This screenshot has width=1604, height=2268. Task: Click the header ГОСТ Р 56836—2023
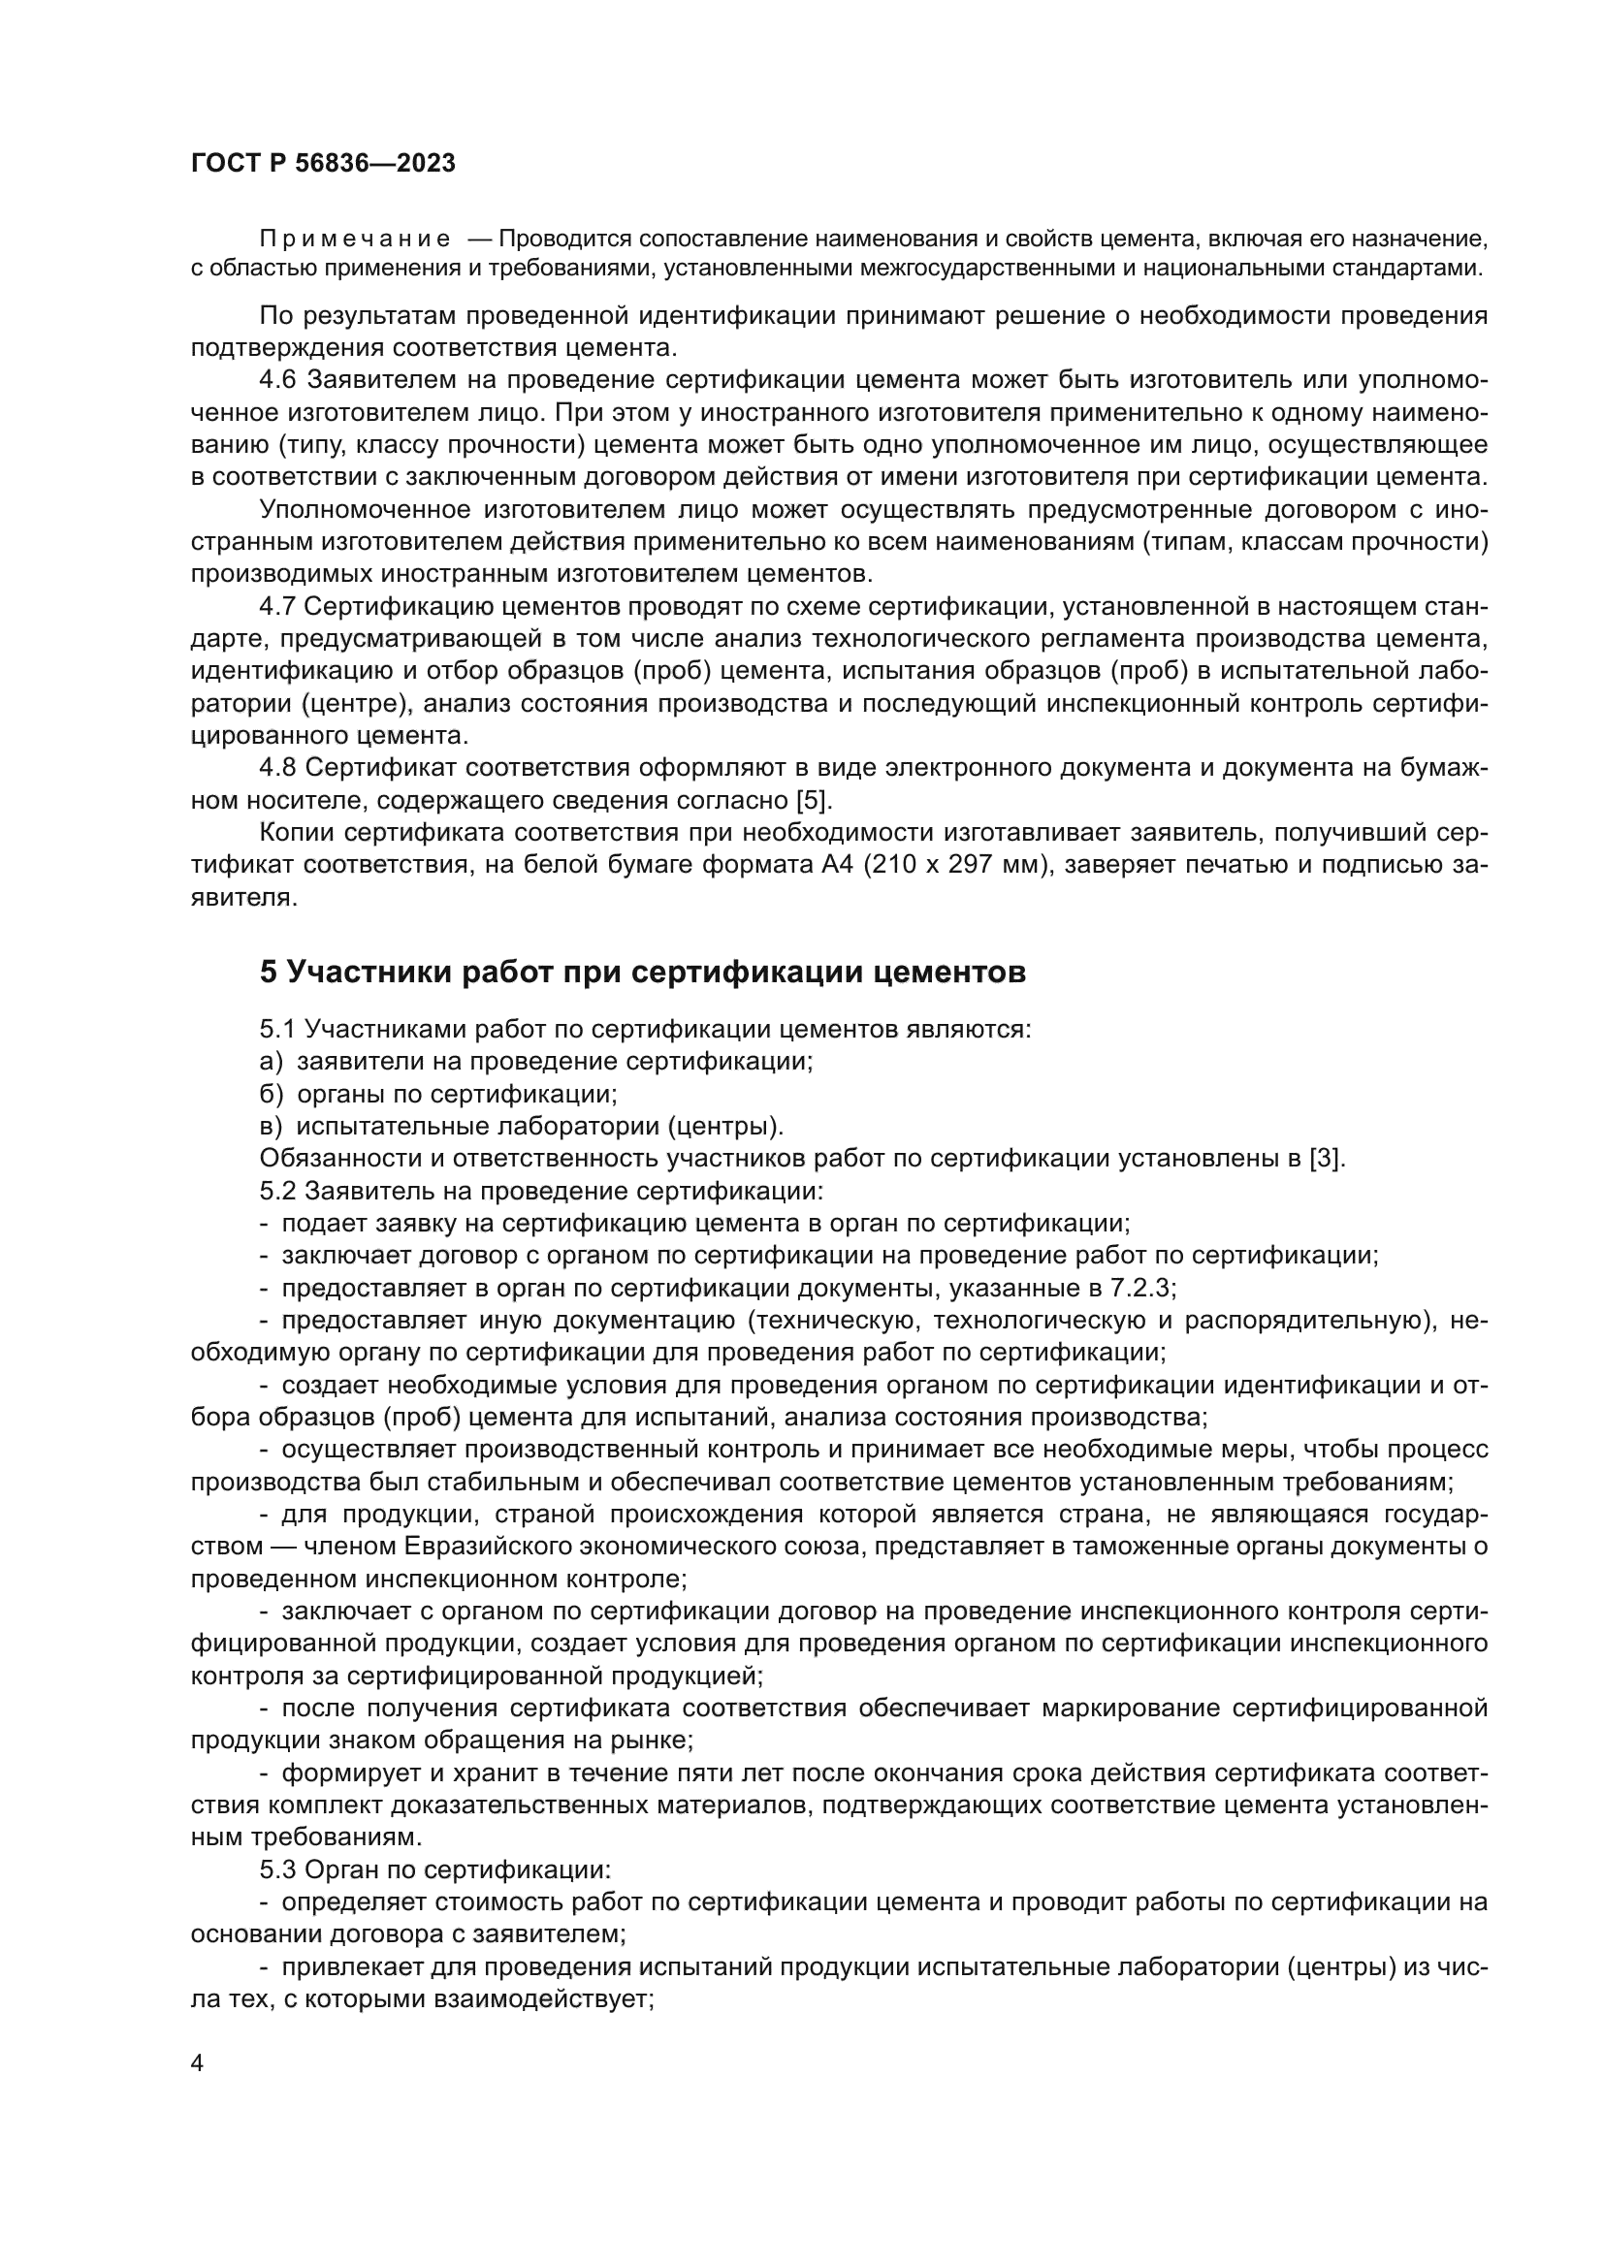323,164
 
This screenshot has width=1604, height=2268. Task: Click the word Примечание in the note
355,240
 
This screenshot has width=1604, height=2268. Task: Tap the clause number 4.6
277,380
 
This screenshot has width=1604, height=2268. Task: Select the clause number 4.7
277,606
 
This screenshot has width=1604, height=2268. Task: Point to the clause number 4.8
277,769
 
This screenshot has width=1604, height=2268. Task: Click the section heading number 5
269,973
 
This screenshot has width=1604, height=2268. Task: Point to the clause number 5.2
277,1192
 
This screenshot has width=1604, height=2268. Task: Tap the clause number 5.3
277,1869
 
